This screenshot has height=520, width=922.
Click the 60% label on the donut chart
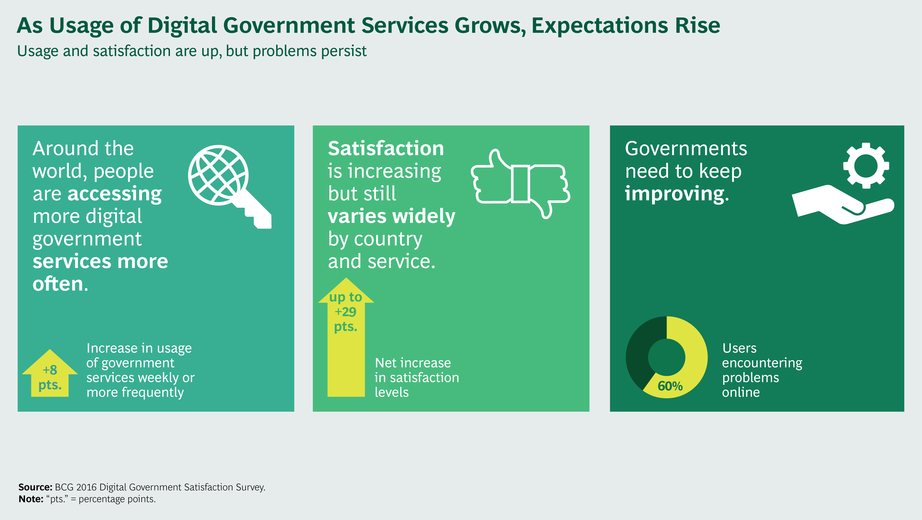(670, 386)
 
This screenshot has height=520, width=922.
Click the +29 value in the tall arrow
(345, 312)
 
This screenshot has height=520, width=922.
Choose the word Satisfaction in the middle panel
(386, 149)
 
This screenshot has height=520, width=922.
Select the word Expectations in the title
(600, 26)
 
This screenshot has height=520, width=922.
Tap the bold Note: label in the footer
(31, 499)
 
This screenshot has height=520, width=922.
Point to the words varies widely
(391, 216)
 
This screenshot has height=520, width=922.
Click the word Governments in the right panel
(686, 149)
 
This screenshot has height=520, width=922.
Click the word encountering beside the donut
(762, 363)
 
